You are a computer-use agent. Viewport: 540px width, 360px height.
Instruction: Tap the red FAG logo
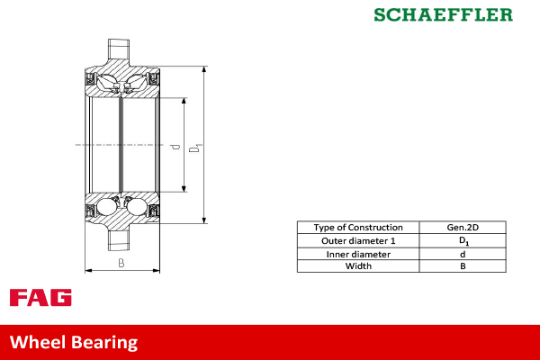coord(40,298)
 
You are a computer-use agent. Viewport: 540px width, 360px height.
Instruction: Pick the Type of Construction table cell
coord(357,228)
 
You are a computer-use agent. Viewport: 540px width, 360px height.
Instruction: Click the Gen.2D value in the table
coord(463,228)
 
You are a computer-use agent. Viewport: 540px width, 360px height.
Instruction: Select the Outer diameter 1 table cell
coord(357,241)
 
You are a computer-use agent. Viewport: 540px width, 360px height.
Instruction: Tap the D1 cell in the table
coord(463,241)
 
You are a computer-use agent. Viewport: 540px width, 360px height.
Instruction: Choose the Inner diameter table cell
coord(357,254)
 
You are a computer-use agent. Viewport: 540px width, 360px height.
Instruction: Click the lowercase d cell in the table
coord(463,254)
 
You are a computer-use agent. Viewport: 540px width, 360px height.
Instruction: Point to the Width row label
coord(357,266)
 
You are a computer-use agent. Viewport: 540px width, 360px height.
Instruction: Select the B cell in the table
coord(463,266)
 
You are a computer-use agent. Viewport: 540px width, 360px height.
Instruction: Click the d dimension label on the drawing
coord(176,145)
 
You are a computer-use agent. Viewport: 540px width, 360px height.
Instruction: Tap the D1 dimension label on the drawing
coord(196,145)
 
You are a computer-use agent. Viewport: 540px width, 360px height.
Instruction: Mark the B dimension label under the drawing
coord(121,263)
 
